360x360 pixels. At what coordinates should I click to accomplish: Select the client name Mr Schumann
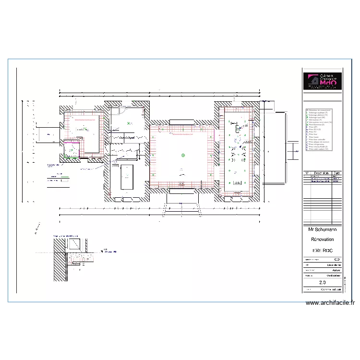pos(323,229)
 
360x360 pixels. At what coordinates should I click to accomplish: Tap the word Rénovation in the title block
pos(323,239)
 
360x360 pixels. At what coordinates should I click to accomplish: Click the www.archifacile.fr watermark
pos(330,303)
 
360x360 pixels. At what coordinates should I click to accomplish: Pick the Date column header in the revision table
pos(337,173)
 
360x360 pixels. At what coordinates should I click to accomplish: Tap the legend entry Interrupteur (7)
pos(316,120)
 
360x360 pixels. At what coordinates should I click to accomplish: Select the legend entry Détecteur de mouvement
pos(320,110)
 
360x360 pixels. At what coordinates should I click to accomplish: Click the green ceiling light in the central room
pos(182,155)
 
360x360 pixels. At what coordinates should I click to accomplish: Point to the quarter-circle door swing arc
pos(122,111)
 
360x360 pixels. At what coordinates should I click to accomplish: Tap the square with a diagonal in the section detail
pos(74,245)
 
